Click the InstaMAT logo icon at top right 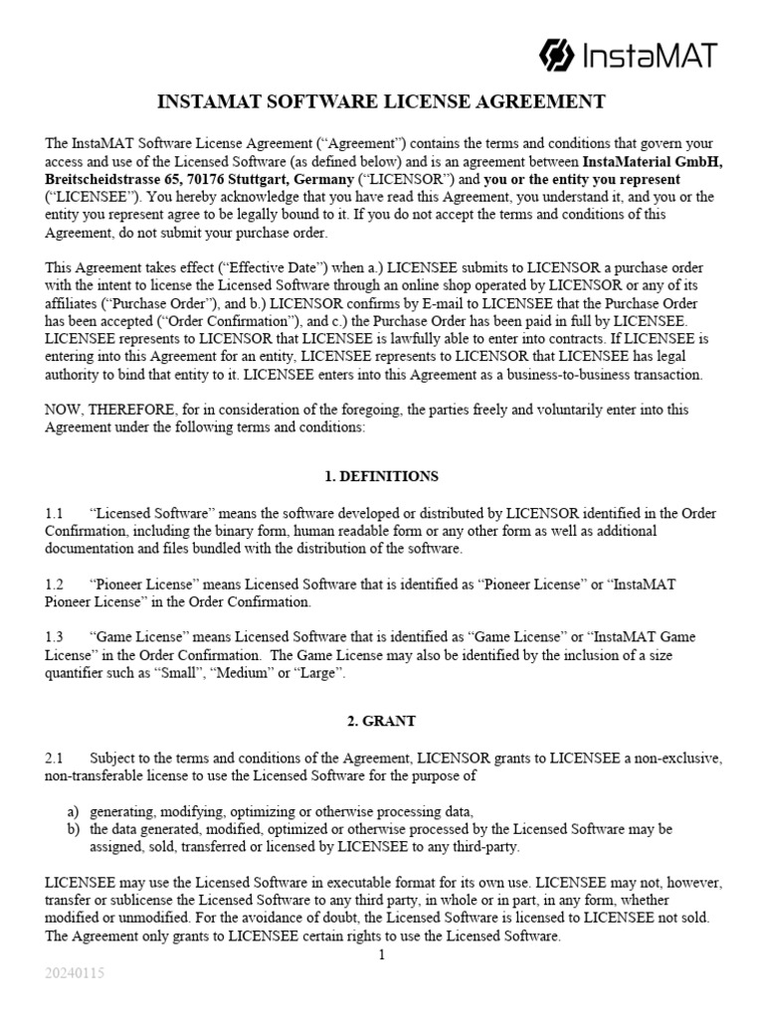[x=556, y=54]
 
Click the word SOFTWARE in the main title [x=314, y=101]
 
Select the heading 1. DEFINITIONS [x=382, y=476]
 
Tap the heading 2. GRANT [x=382, y=722]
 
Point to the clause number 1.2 [x=54, y=585]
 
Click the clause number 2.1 [x=54, y=759]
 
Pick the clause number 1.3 [x=54, y=637]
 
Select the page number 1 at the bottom [x=381, y=954]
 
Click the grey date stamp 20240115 [x=74, y=973]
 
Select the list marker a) [x=73, y=811]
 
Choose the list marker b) [x=73, y=829]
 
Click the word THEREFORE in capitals [x=129, y=410]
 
